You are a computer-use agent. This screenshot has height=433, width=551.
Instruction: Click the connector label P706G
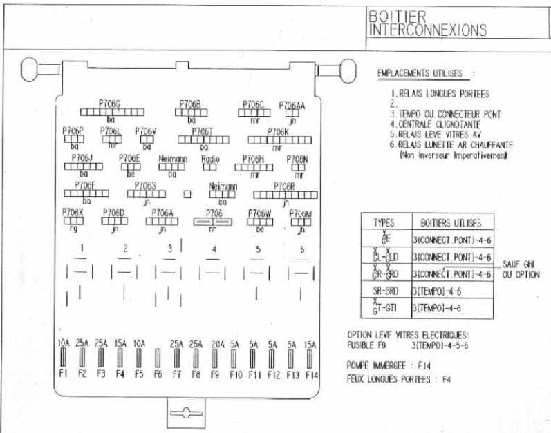tap(110, 103)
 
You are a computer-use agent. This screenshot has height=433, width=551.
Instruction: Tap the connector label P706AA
tap(292, 105)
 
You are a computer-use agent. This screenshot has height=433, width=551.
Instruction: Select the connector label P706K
tap(277, 131)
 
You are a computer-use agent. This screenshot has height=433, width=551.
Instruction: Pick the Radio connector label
tap(210, 159)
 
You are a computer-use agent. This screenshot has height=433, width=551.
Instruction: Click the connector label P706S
tap(145, 186)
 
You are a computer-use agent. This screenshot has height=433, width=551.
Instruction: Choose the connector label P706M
tap(301, 213)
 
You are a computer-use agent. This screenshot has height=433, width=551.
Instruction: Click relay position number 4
tap(214, 249)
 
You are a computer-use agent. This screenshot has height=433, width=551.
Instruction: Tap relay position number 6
tap(301, 249)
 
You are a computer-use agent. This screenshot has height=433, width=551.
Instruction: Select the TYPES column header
tap(384, 223)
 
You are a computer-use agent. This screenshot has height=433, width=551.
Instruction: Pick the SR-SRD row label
tap(384, 291)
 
